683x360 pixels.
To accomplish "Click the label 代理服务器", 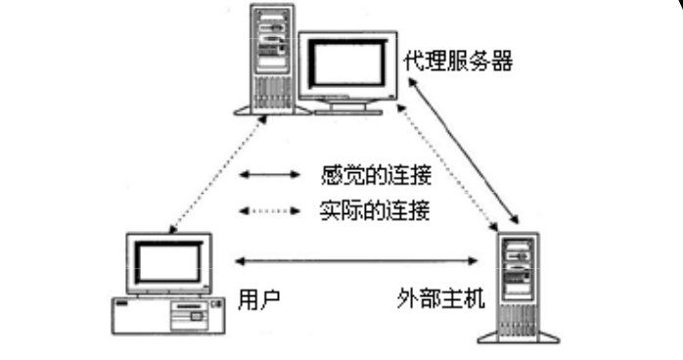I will click(x=458, y=61).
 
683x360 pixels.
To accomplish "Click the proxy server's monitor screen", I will click(x=346, y=62).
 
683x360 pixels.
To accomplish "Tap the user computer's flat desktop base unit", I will click(x=162, y=313).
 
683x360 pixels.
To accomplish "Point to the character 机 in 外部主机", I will click(x=473, y=296).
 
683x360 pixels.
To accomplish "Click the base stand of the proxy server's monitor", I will click(x=342, y=106).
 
